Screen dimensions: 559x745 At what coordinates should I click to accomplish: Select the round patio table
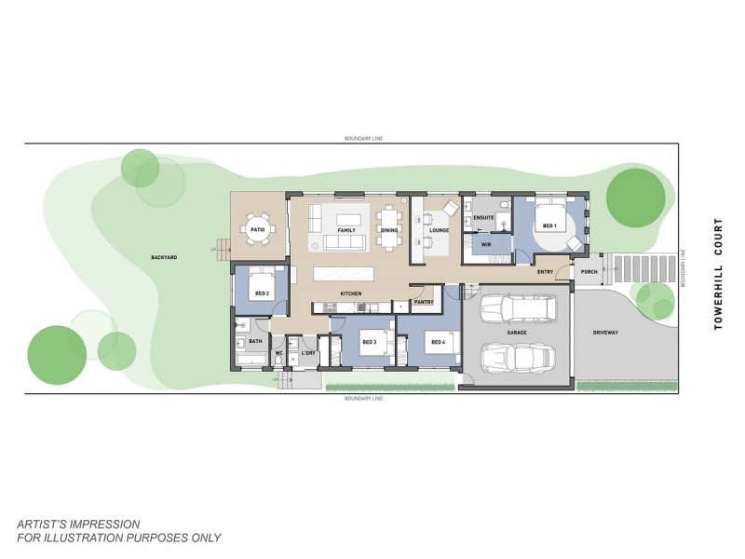tap(258, 229)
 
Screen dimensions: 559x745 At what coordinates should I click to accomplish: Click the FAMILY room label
tap(346, 229)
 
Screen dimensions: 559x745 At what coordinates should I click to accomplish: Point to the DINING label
tap(390, 229)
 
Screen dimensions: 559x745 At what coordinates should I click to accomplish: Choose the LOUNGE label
tap(439, 229)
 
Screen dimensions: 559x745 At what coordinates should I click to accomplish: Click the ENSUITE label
tap(483, 218)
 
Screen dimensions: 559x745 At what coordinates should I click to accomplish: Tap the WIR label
tap(485, 245)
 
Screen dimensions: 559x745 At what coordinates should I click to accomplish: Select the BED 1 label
tap(549, 226)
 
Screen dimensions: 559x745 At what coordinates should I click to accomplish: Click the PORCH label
tap(588, 272)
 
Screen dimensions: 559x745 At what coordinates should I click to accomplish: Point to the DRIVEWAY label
tap(606, 332)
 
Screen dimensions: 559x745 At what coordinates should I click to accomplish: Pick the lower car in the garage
tap(518, 356)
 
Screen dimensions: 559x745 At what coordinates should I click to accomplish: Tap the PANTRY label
tap(424, 302)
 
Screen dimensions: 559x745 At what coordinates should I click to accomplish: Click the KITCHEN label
tap(350, 293)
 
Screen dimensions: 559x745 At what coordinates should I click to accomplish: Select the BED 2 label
tap(262, 293)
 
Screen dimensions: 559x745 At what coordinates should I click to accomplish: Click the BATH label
tap(254, 342)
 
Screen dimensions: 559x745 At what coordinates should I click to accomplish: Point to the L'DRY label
tap(308, 353)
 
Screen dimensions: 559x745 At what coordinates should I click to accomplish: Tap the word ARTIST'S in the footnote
tap(47, 524)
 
